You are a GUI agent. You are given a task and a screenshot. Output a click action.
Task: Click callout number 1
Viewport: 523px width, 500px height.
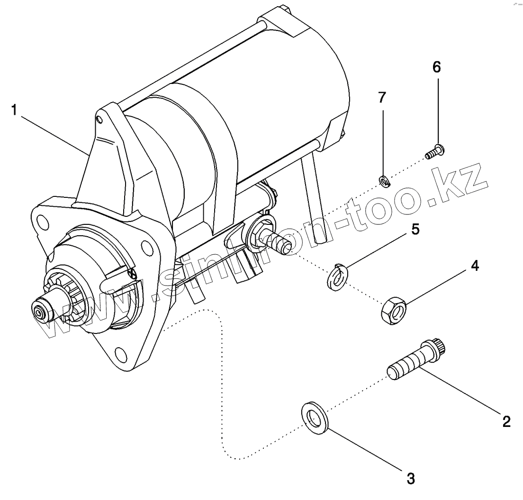pyautogui.click(x=14, y=111)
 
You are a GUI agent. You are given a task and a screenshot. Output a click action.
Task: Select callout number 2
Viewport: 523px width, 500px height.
pyautogui.click(x=506, y=421)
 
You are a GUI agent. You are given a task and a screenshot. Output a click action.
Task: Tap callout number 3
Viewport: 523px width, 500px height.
pyautogui.click(x=411, y=478)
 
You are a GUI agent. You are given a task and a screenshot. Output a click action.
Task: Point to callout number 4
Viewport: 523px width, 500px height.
pyautogui.click(x=474, y=266)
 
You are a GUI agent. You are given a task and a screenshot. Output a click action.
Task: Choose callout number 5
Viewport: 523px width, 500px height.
pyautogui.click(x=415, y=230)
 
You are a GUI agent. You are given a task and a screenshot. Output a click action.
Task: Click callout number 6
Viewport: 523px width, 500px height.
pyautogui.click(x=436, y=67)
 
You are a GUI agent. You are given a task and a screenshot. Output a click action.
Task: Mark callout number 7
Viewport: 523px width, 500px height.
pyautogui.click(x=382, y=98)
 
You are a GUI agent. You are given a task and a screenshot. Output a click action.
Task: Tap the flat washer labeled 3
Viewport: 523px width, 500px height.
pyautogui.click(x=314, y=418)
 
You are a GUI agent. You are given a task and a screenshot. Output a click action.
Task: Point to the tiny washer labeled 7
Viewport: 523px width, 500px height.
pyautogui.click(x=384, y=180)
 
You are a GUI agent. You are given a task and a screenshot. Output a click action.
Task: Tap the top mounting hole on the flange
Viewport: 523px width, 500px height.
pyautogui.click(x=42, y=221)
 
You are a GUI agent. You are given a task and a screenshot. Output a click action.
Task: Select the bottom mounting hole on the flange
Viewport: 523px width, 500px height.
pyautogui.click(x=120, y=353)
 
